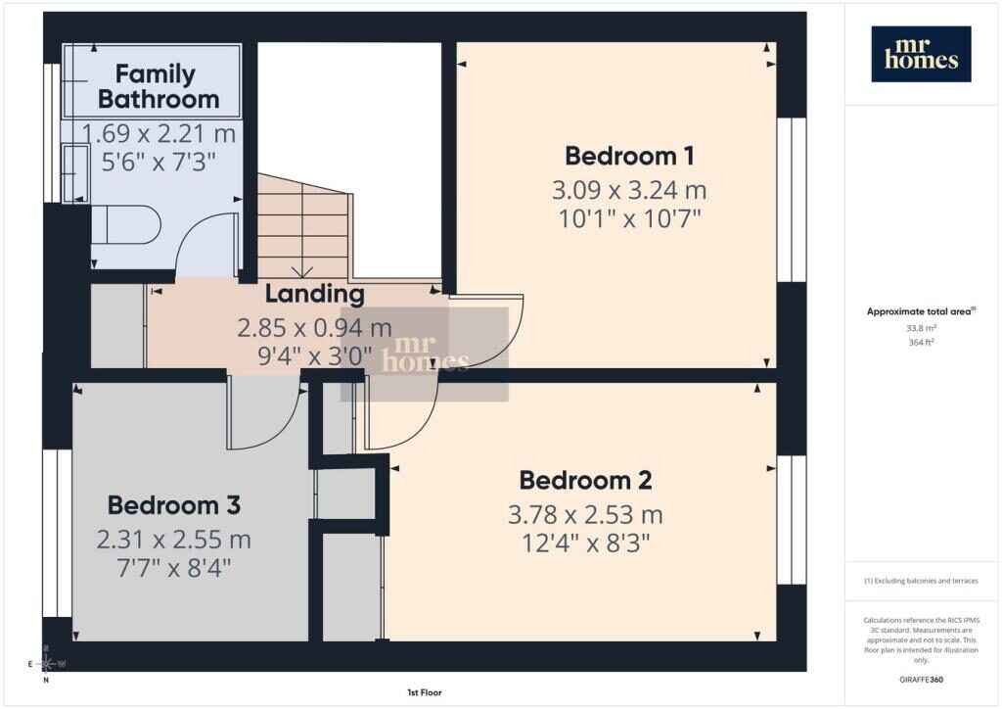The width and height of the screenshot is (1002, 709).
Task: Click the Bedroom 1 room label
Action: point(629,156)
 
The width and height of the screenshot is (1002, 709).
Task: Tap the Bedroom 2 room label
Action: point(585,480)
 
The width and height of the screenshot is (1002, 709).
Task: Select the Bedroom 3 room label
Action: point(174,505)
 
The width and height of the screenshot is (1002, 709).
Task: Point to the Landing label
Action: point(314,294)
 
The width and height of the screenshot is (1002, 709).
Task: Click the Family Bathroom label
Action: point(158,86)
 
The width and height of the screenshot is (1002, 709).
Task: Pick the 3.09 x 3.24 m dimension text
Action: point(629,190)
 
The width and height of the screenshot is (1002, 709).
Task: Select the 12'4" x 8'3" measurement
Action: point(585,544)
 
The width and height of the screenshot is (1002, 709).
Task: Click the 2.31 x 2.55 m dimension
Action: point(174,540)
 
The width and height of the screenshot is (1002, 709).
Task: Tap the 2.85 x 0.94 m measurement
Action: point(314,328)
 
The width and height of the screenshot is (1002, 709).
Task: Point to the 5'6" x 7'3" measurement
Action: point(159,162)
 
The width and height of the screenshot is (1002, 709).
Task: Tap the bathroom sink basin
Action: point(76,173)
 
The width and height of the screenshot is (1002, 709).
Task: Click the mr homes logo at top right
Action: point(921,54)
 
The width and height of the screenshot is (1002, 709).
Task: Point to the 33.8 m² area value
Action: point(921,328)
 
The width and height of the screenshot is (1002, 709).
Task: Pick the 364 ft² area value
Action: point(921,342)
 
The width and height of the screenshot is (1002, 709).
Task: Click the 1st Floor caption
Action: point(425,692)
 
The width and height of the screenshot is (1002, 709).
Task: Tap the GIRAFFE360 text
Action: point(921,680)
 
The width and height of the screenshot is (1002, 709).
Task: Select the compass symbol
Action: point(47,664)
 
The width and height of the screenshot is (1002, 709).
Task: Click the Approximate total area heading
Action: point(921,312)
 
